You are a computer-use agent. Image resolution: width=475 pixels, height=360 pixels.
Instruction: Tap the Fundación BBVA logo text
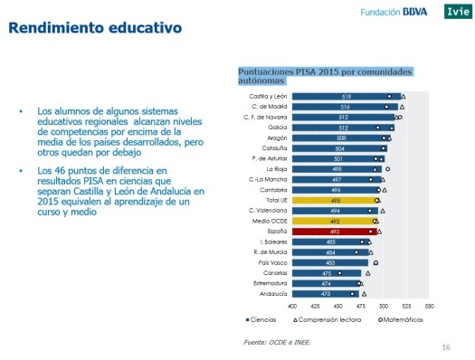tap(396, 11)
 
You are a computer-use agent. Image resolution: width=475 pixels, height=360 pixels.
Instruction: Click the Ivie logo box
tap(457, 11)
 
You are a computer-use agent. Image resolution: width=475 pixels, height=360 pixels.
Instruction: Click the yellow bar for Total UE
tap(334, 200)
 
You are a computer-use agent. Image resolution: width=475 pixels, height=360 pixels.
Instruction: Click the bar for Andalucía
tap(325, 294)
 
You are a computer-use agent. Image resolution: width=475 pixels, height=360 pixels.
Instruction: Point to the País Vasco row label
tap(273, 262)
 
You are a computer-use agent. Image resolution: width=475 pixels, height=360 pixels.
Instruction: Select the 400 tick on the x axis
tap(292, 306)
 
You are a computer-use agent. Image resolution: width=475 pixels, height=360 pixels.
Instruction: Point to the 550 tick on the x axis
tap(429, 306)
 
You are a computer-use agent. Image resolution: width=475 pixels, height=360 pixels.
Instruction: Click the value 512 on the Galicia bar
tap(345, 128)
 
